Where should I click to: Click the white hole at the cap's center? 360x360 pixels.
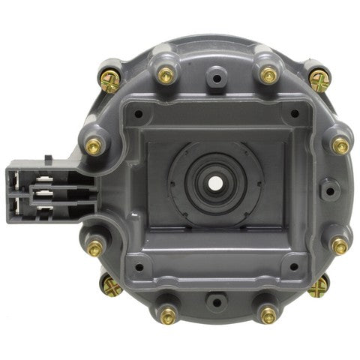[x=216, y=182]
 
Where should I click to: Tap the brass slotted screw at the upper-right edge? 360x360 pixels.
[x=319, y=78]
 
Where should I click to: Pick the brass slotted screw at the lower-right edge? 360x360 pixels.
[x=319, y=285]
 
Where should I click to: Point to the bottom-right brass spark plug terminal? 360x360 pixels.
[x=268, y=316]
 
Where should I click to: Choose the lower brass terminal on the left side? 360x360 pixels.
[x=95, y=247]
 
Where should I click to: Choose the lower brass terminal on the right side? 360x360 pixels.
[x=340, y=245]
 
